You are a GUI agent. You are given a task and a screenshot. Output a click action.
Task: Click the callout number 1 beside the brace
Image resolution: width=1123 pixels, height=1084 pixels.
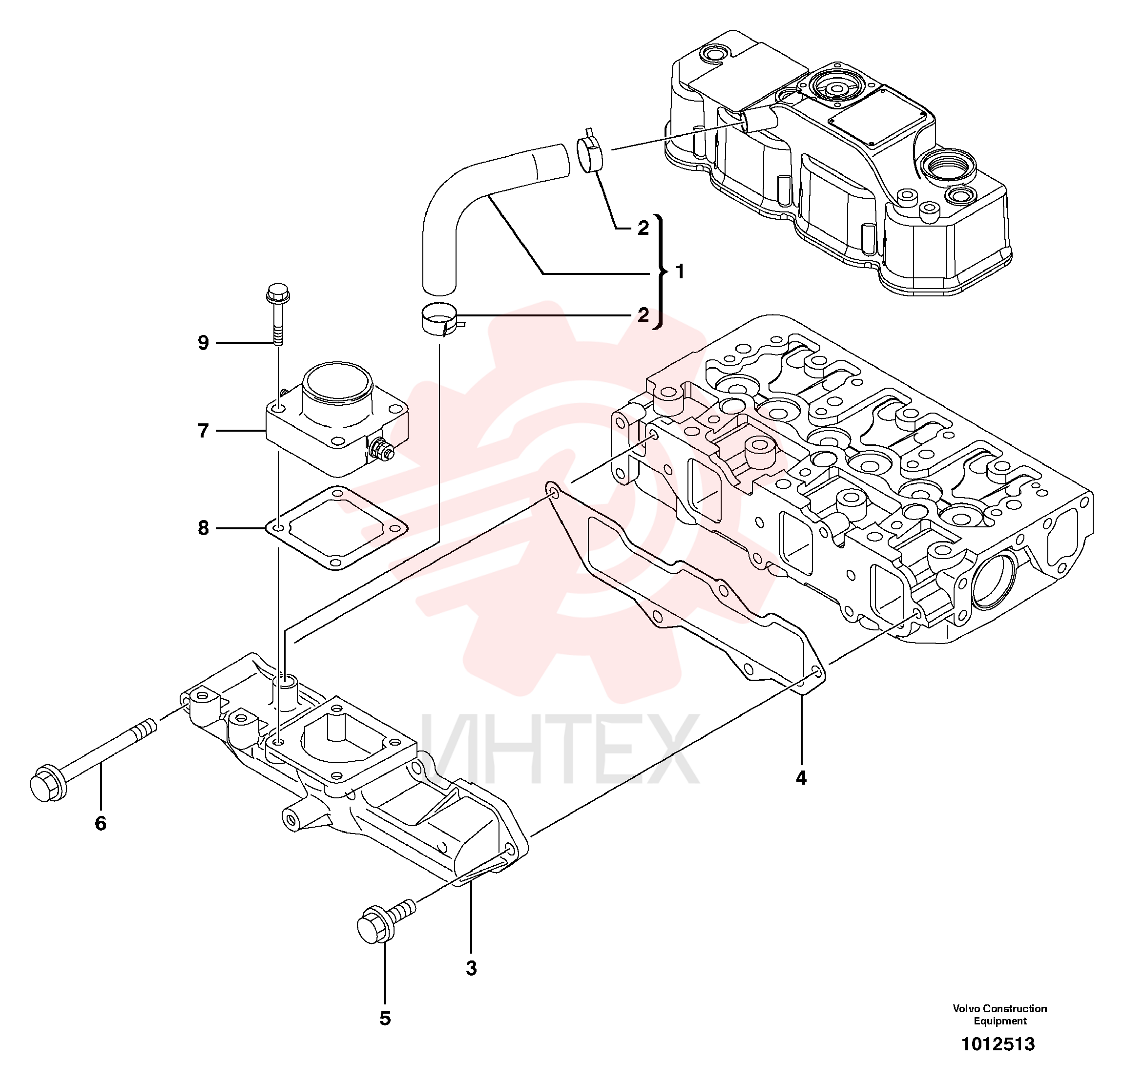[680, 271]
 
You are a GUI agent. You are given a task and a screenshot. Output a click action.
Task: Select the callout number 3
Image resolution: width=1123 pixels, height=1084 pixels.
[471, 968]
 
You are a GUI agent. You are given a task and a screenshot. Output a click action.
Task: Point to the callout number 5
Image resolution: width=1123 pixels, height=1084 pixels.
[385, 1018]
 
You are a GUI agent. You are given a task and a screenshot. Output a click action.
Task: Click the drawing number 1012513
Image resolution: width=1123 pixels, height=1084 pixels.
[998, 1044]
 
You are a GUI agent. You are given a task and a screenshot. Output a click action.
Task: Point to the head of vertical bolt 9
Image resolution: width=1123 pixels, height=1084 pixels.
[278, 293]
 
